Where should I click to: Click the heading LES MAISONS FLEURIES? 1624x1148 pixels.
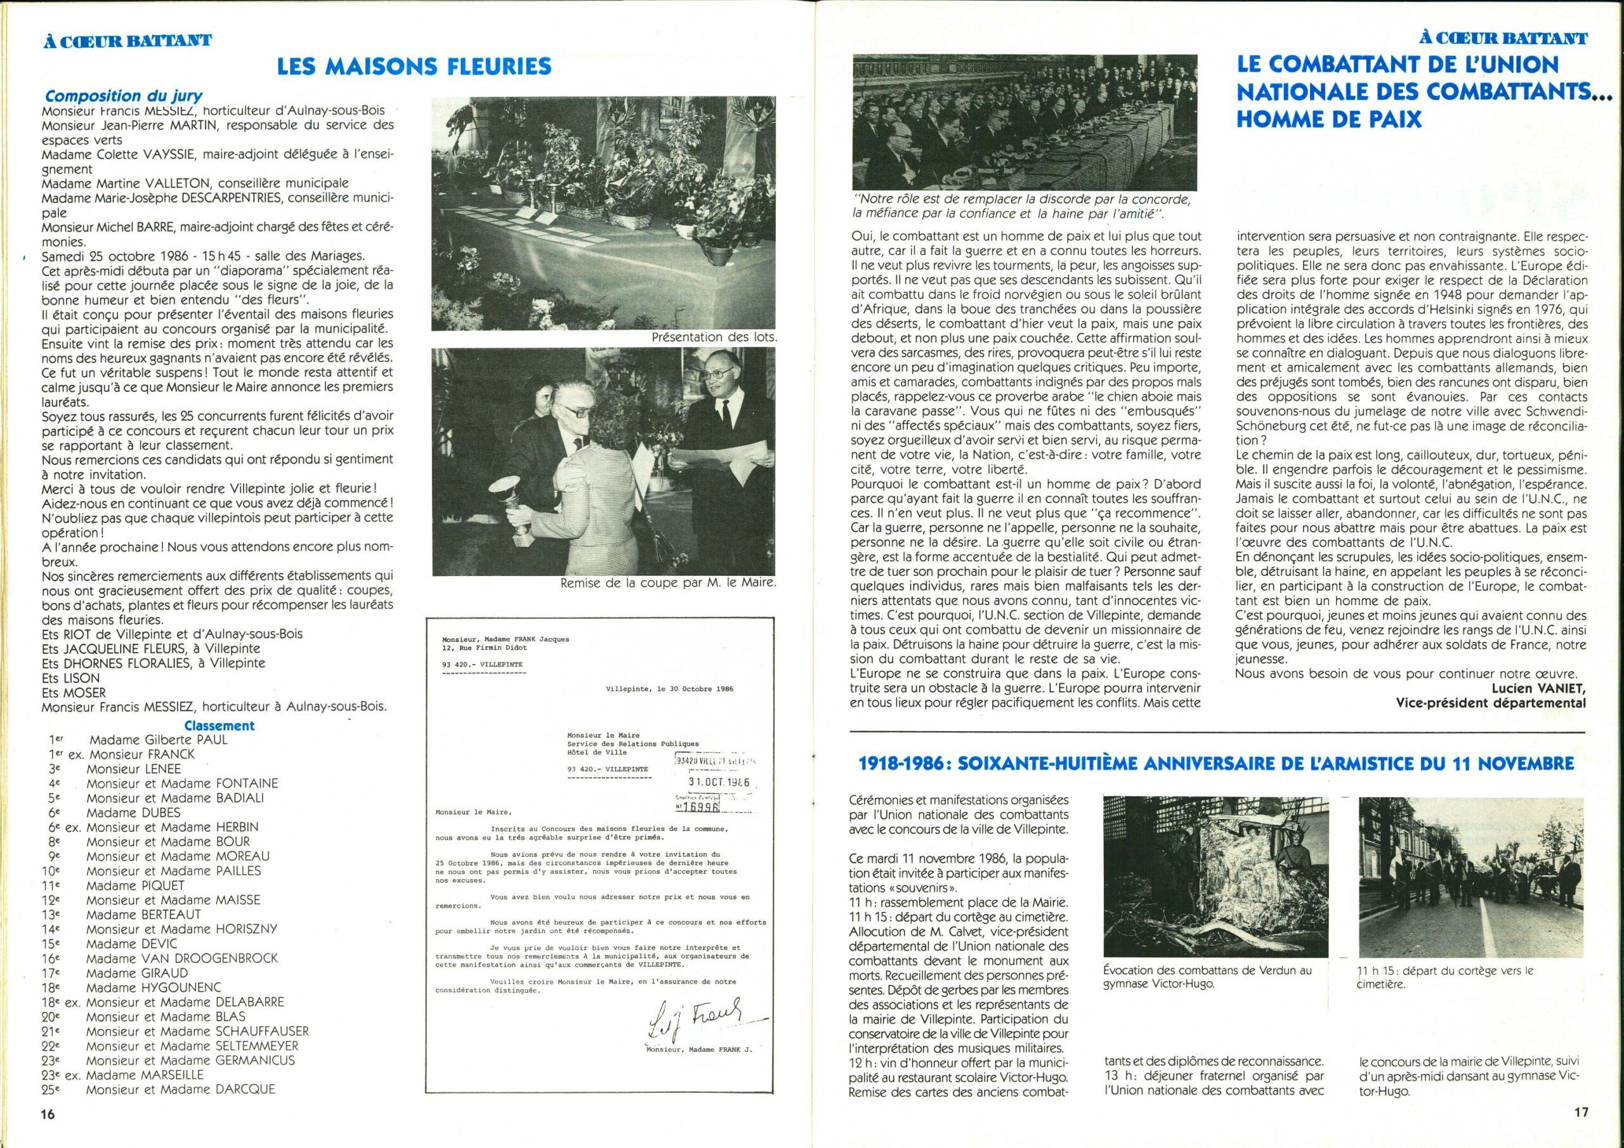(x=414, y=67)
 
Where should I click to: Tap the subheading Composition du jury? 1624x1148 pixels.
(x=124, y=96)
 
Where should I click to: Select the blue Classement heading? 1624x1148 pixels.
(x=219, y=725)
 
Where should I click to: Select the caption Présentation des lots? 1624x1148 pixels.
(x=714, y=337)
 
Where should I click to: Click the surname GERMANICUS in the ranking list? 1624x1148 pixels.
(x=254, y=1060)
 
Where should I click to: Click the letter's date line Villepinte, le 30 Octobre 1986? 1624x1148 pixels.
(x=669, y=688)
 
